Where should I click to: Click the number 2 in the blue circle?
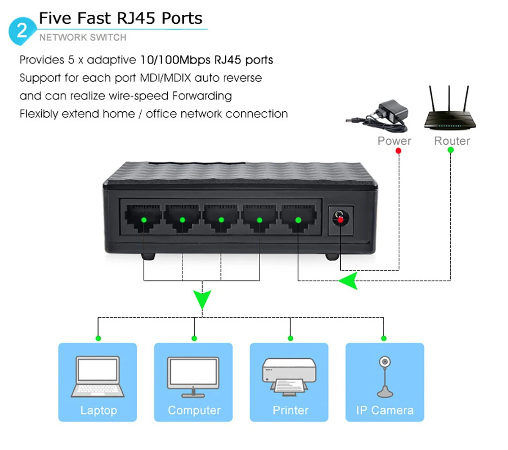(x=22, y=30)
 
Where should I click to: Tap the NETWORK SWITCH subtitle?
(x=83, y=37)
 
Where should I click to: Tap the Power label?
(x=394, y=141)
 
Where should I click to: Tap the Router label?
(x=452, y=141)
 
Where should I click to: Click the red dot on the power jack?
(x=340, y=219)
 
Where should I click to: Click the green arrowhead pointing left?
(x=348, y=280)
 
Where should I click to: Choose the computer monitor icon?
(x=194, y=376)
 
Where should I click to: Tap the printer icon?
(x=289, y=376)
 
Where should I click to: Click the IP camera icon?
(x=385, y=376)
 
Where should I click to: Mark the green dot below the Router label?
(x=451, y=150)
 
